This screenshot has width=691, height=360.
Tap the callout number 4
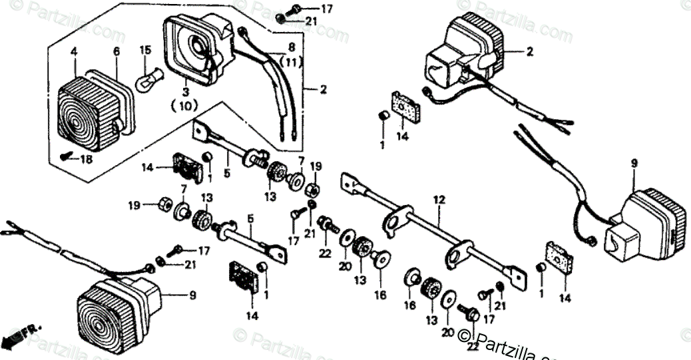[x=74, y=51]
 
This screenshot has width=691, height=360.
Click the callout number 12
[x=438, y=200]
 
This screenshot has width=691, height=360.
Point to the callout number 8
[x=291, y=48]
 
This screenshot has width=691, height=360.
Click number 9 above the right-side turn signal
[x=633, y=163]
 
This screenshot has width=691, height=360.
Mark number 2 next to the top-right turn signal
[x=530, y=51]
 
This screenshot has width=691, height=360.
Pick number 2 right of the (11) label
[x=323, y=89]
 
